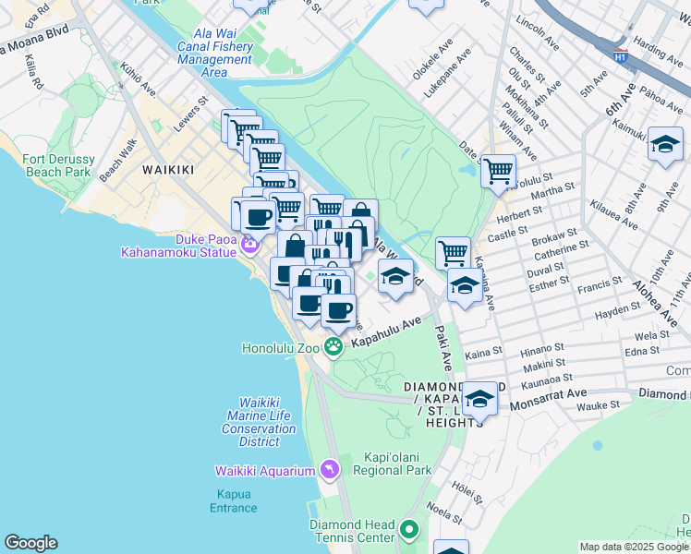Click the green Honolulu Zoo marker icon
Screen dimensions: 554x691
333,347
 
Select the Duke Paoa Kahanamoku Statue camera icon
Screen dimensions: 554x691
249,245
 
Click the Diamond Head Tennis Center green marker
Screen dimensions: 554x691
409,531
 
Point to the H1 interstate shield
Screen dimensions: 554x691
621,54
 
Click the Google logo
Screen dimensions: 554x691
30,543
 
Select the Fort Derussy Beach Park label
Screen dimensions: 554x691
57,165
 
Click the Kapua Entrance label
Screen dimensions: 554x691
233,501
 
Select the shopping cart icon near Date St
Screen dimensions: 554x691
498,171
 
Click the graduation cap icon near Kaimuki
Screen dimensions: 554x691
664,144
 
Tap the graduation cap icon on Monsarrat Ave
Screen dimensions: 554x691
479,399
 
